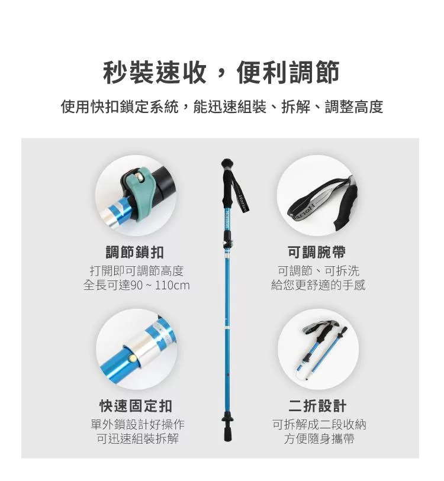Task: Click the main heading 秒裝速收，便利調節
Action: tap(221, 73)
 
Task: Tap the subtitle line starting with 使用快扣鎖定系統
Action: tap(221, 106)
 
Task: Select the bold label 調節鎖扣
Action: tap(135, 253)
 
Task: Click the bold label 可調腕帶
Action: tap(317, 253)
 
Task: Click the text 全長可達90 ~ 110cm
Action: tap(137, 285)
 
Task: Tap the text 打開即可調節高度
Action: tap(137, 271)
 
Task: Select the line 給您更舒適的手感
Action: tap(318, 285)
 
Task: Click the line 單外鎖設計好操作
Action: tap(138, 424)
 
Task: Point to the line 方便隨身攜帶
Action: tap(319, 438)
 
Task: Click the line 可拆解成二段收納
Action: tap(319, 424)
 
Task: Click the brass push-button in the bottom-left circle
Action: tap(133, 358)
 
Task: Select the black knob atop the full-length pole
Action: tap(227, 162)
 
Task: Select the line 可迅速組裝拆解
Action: tap(138, 438)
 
